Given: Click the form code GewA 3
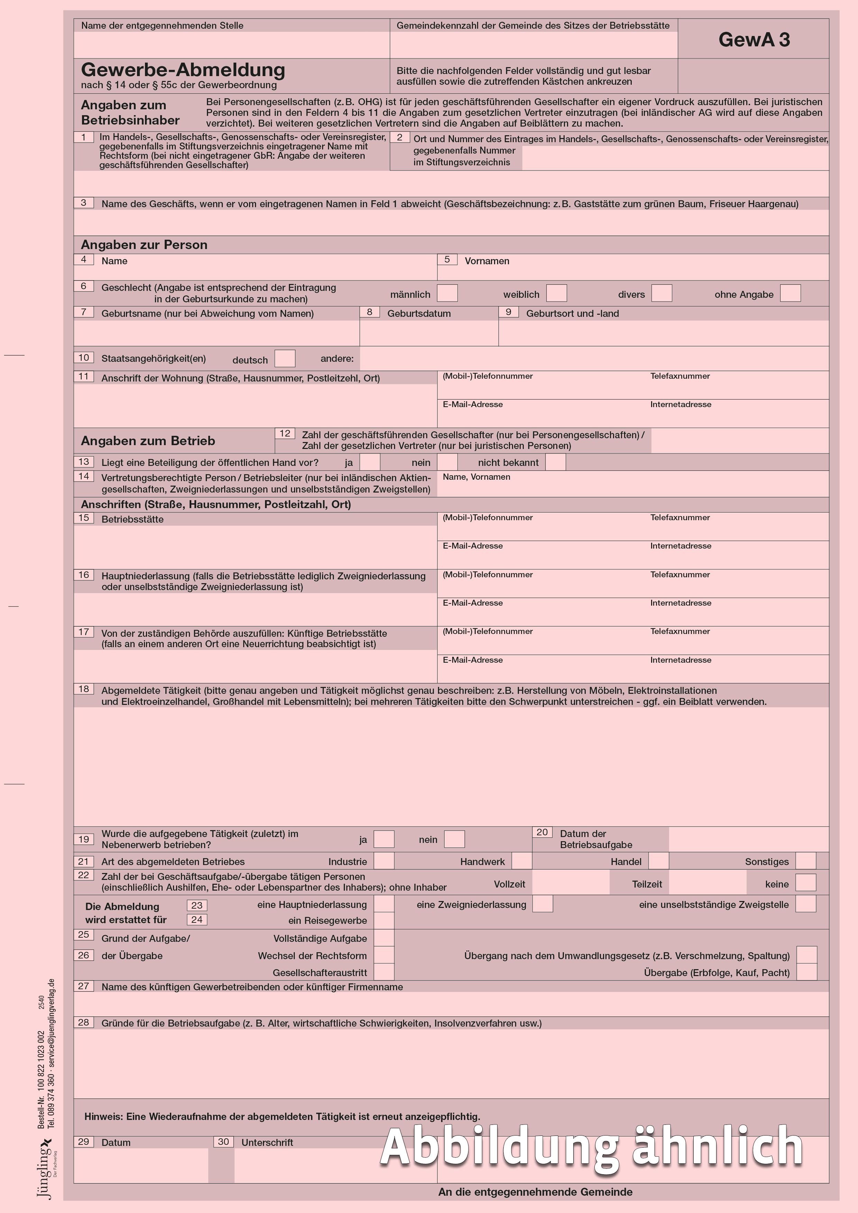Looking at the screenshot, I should point(754,40).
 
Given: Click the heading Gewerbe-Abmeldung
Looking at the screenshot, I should point(183,70).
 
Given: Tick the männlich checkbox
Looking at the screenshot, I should point(447,293).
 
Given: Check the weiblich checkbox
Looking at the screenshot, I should point(556,293).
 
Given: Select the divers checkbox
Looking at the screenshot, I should point(661,293).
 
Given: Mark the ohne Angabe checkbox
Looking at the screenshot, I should point(791,293).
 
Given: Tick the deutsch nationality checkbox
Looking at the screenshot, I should point(285,359).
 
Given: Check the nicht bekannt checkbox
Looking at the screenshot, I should point(555,462).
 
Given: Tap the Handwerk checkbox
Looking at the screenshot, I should point(522,861).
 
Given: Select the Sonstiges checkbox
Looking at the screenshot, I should point(806,861).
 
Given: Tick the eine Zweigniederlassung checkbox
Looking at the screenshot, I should point(542,904).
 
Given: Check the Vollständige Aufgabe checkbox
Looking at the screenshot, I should point(384,938).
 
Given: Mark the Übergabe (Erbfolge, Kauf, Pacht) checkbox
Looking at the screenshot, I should point(807,973).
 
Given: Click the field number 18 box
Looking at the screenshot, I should point(84,689).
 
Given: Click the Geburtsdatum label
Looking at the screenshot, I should point(419,313).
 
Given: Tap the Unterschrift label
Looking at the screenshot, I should point(267,1142).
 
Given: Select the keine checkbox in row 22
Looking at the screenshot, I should point(806,883).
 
